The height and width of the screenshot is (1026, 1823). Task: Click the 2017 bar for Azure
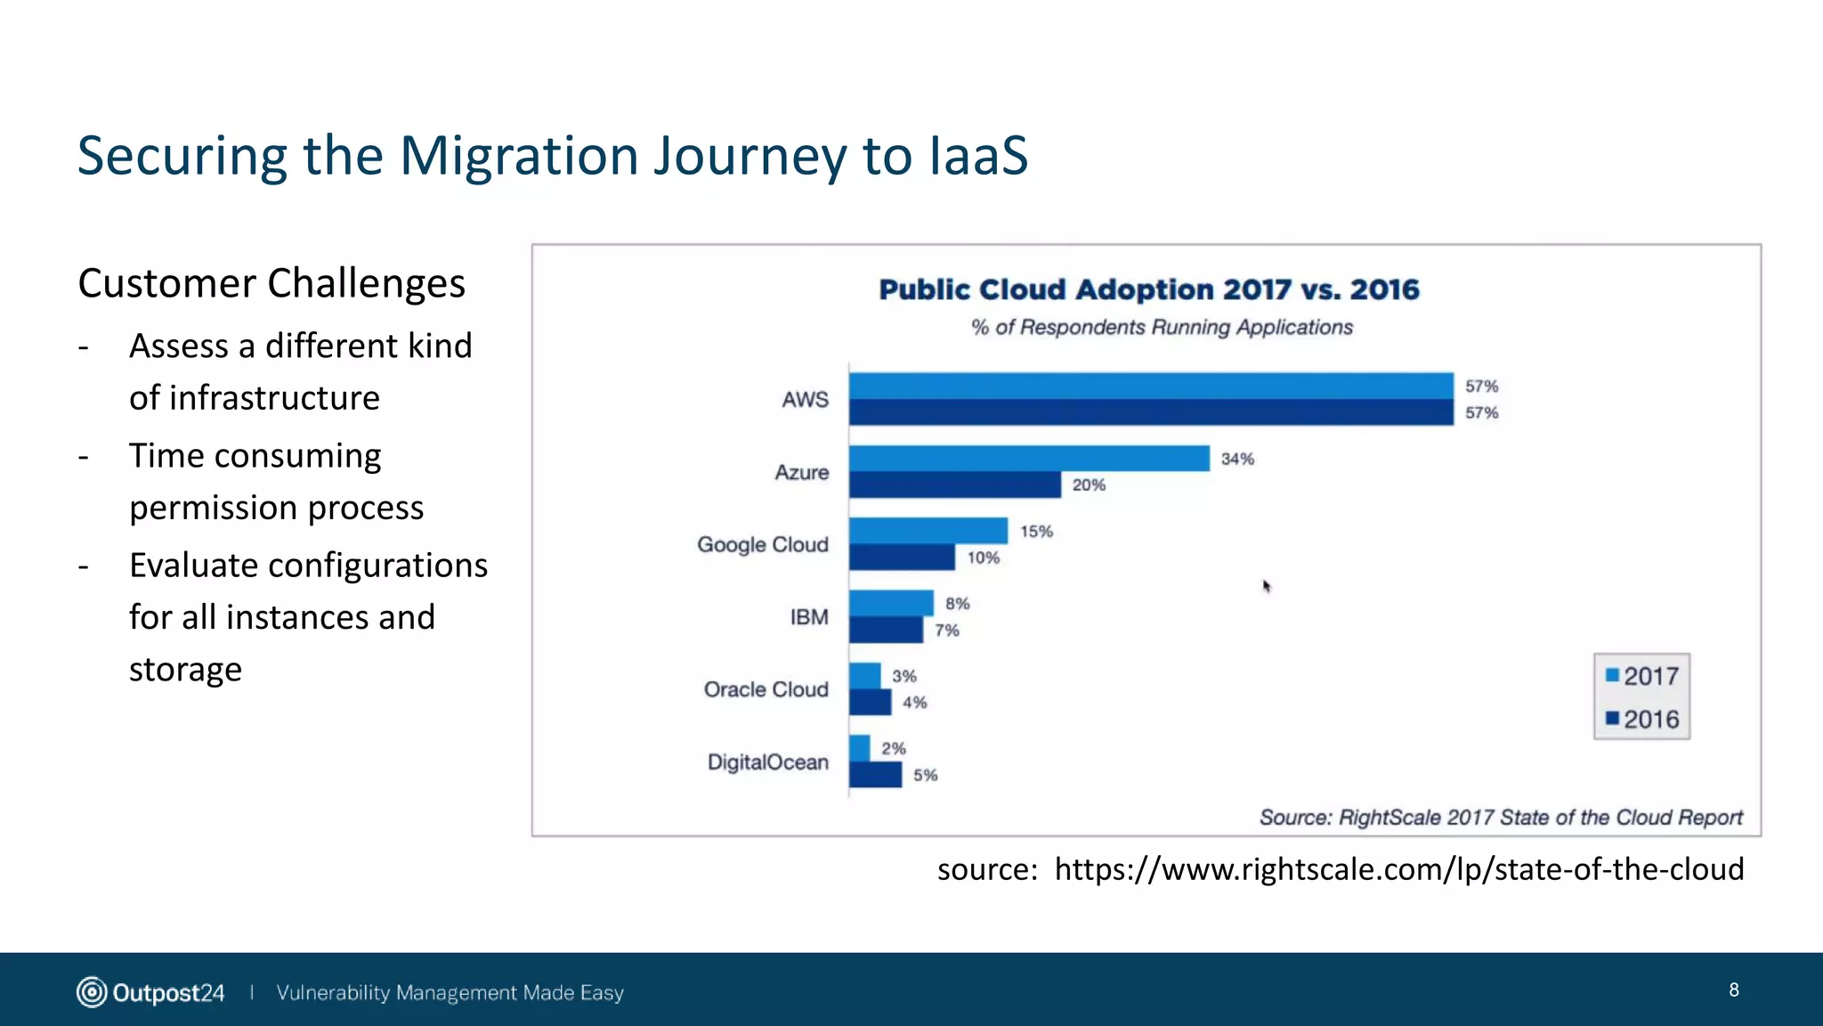[x=1029, y=459]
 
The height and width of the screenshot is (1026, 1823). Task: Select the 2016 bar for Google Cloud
[x=902, y=558]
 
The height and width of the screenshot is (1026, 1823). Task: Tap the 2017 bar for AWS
[x=1151, y=386]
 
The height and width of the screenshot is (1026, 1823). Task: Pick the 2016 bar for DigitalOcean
[x=876, y=775]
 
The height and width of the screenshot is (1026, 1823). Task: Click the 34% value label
[x=1237, y=459]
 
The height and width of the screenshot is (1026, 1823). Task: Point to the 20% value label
[x=1089, y=485]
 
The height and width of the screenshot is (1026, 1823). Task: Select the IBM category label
[x=809, y=617]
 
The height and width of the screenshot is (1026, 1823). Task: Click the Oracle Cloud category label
[x=766, y=689]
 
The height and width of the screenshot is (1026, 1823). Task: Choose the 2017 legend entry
[x=1642, y=676]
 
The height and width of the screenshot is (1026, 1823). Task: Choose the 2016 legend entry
[x=1642, y=720]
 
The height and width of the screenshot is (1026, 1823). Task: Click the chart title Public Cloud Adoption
[x=1148, y=290]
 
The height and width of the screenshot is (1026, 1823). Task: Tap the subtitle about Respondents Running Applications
[x=1162, y=328]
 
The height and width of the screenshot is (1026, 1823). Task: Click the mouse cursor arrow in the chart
[x=1267, y=586]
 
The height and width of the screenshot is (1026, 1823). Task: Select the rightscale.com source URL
[x=1398, y=869]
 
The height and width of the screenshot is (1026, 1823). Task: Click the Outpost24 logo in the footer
[x=150, y=992]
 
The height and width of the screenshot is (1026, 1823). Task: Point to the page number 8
[x=1733, y=990]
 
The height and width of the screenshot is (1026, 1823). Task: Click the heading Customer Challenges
[x=271, y=284]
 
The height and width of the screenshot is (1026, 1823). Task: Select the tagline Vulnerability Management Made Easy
[x=450, y=993]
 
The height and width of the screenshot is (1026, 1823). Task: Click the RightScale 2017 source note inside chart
[x=1500, y=818]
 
